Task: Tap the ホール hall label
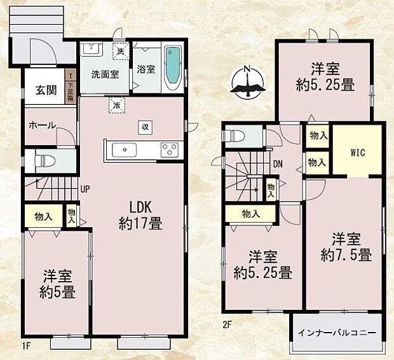42,125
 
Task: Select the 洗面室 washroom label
104,73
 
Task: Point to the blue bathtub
172,67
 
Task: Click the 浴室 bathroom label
146,69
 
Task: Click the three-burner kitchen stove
170,149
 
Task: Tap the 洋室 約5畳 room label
57,284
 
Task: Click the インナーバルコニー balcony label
337,333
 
